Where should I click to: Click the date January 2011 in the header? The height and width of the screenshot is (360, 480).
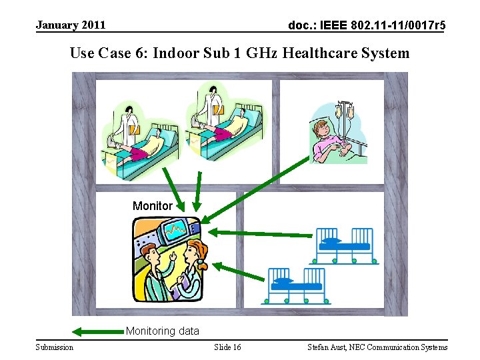pos(71,25)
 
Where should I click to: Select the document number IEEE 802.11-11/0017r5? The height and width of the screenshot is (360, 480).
pos(367,26)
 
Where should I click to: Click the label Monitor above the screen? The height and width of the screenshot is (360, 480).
pos(152,206)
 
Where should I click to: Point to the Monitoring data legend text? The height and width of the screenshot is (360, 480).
pos(162,331)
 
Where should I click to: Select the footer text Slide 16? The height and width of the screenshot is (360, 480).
pos(228,347)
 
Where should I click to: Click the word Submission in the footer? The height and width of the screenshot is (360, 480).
pos(55,347)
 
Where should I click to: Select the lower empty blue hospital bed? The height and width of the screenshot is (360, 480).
pos(297,285)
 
